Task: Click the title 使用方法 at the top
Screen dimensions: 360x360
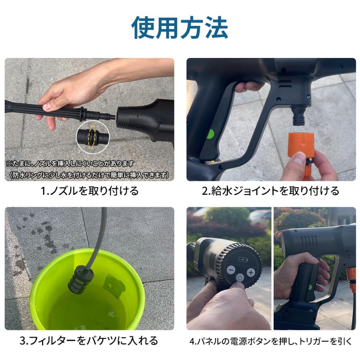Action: click(180, 28)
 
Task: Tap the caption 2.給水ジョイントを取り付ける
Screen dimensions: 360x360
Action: click(270, 191)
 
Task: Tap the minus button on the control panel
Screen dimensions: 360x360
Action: click(231, 270)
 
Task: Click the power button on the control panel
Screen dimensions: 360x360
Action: click(240, 277)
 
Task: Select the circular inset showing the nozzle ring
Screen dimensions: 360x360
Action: click(92, 136)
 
